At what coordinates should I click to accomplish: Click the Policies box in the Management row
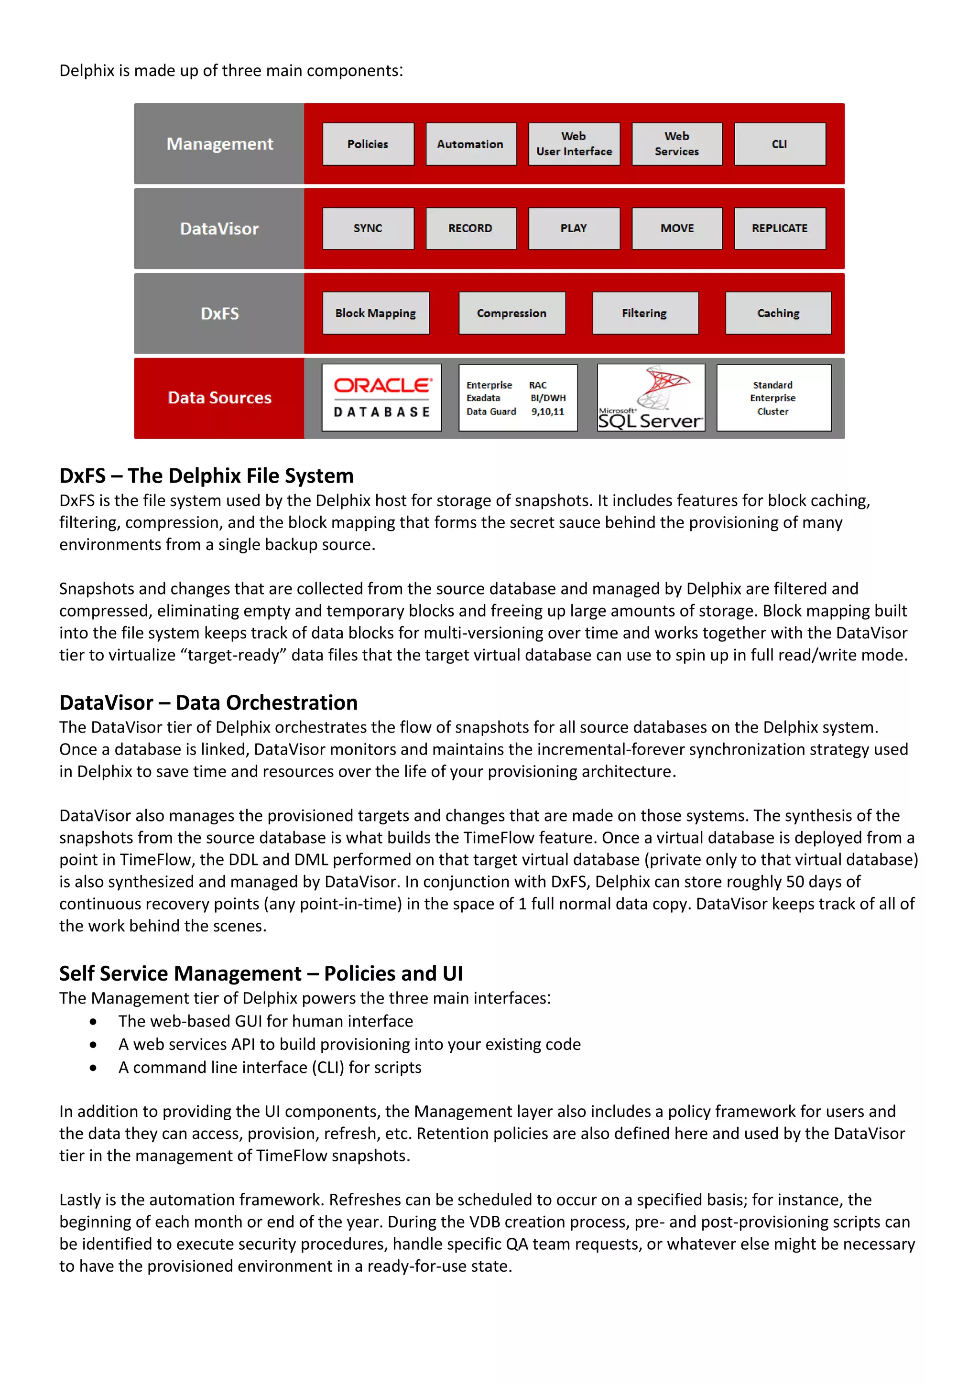click(368, 144)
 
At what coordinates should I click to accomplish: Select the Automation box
click(471, 144)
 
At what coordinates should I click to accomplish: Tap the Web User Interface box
click(574, 144)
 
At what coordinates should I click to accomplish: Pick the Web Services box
click(677, 144)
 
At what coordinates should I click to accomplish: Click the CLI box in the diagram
click(780, 144)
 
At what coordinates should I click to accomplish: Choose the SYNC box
click(368, 228)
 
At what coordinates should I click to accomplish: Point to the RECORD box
click(471, 228)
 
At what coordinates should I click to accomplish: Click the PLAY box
click(574, 228)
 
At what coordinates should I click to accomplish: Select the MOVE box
click(677, 228)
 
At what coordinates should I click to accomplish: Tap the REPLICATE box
click(780, 228)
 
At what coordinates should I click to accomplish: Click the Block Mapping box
click(376, 314)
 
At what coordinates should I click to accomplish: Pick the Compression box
click(512, 314)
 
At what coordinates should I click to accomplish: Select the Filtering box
click(645, 314)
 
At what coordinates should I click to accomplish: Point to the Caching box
click(778, 314)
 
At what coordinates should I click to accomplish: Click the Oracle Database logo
click(381, 398)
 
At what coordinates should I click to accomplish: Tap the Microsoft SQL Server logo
click(651, 398)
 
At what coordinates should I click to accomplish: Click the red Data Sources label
click(219, 398)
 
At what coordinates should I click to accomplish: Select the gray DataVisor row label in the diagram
click(219, 229)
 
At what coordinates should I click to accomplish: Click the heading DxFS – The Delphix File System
click(206, 476)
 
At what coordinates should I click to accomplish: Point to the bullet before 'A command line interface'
click(93, 1068)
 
